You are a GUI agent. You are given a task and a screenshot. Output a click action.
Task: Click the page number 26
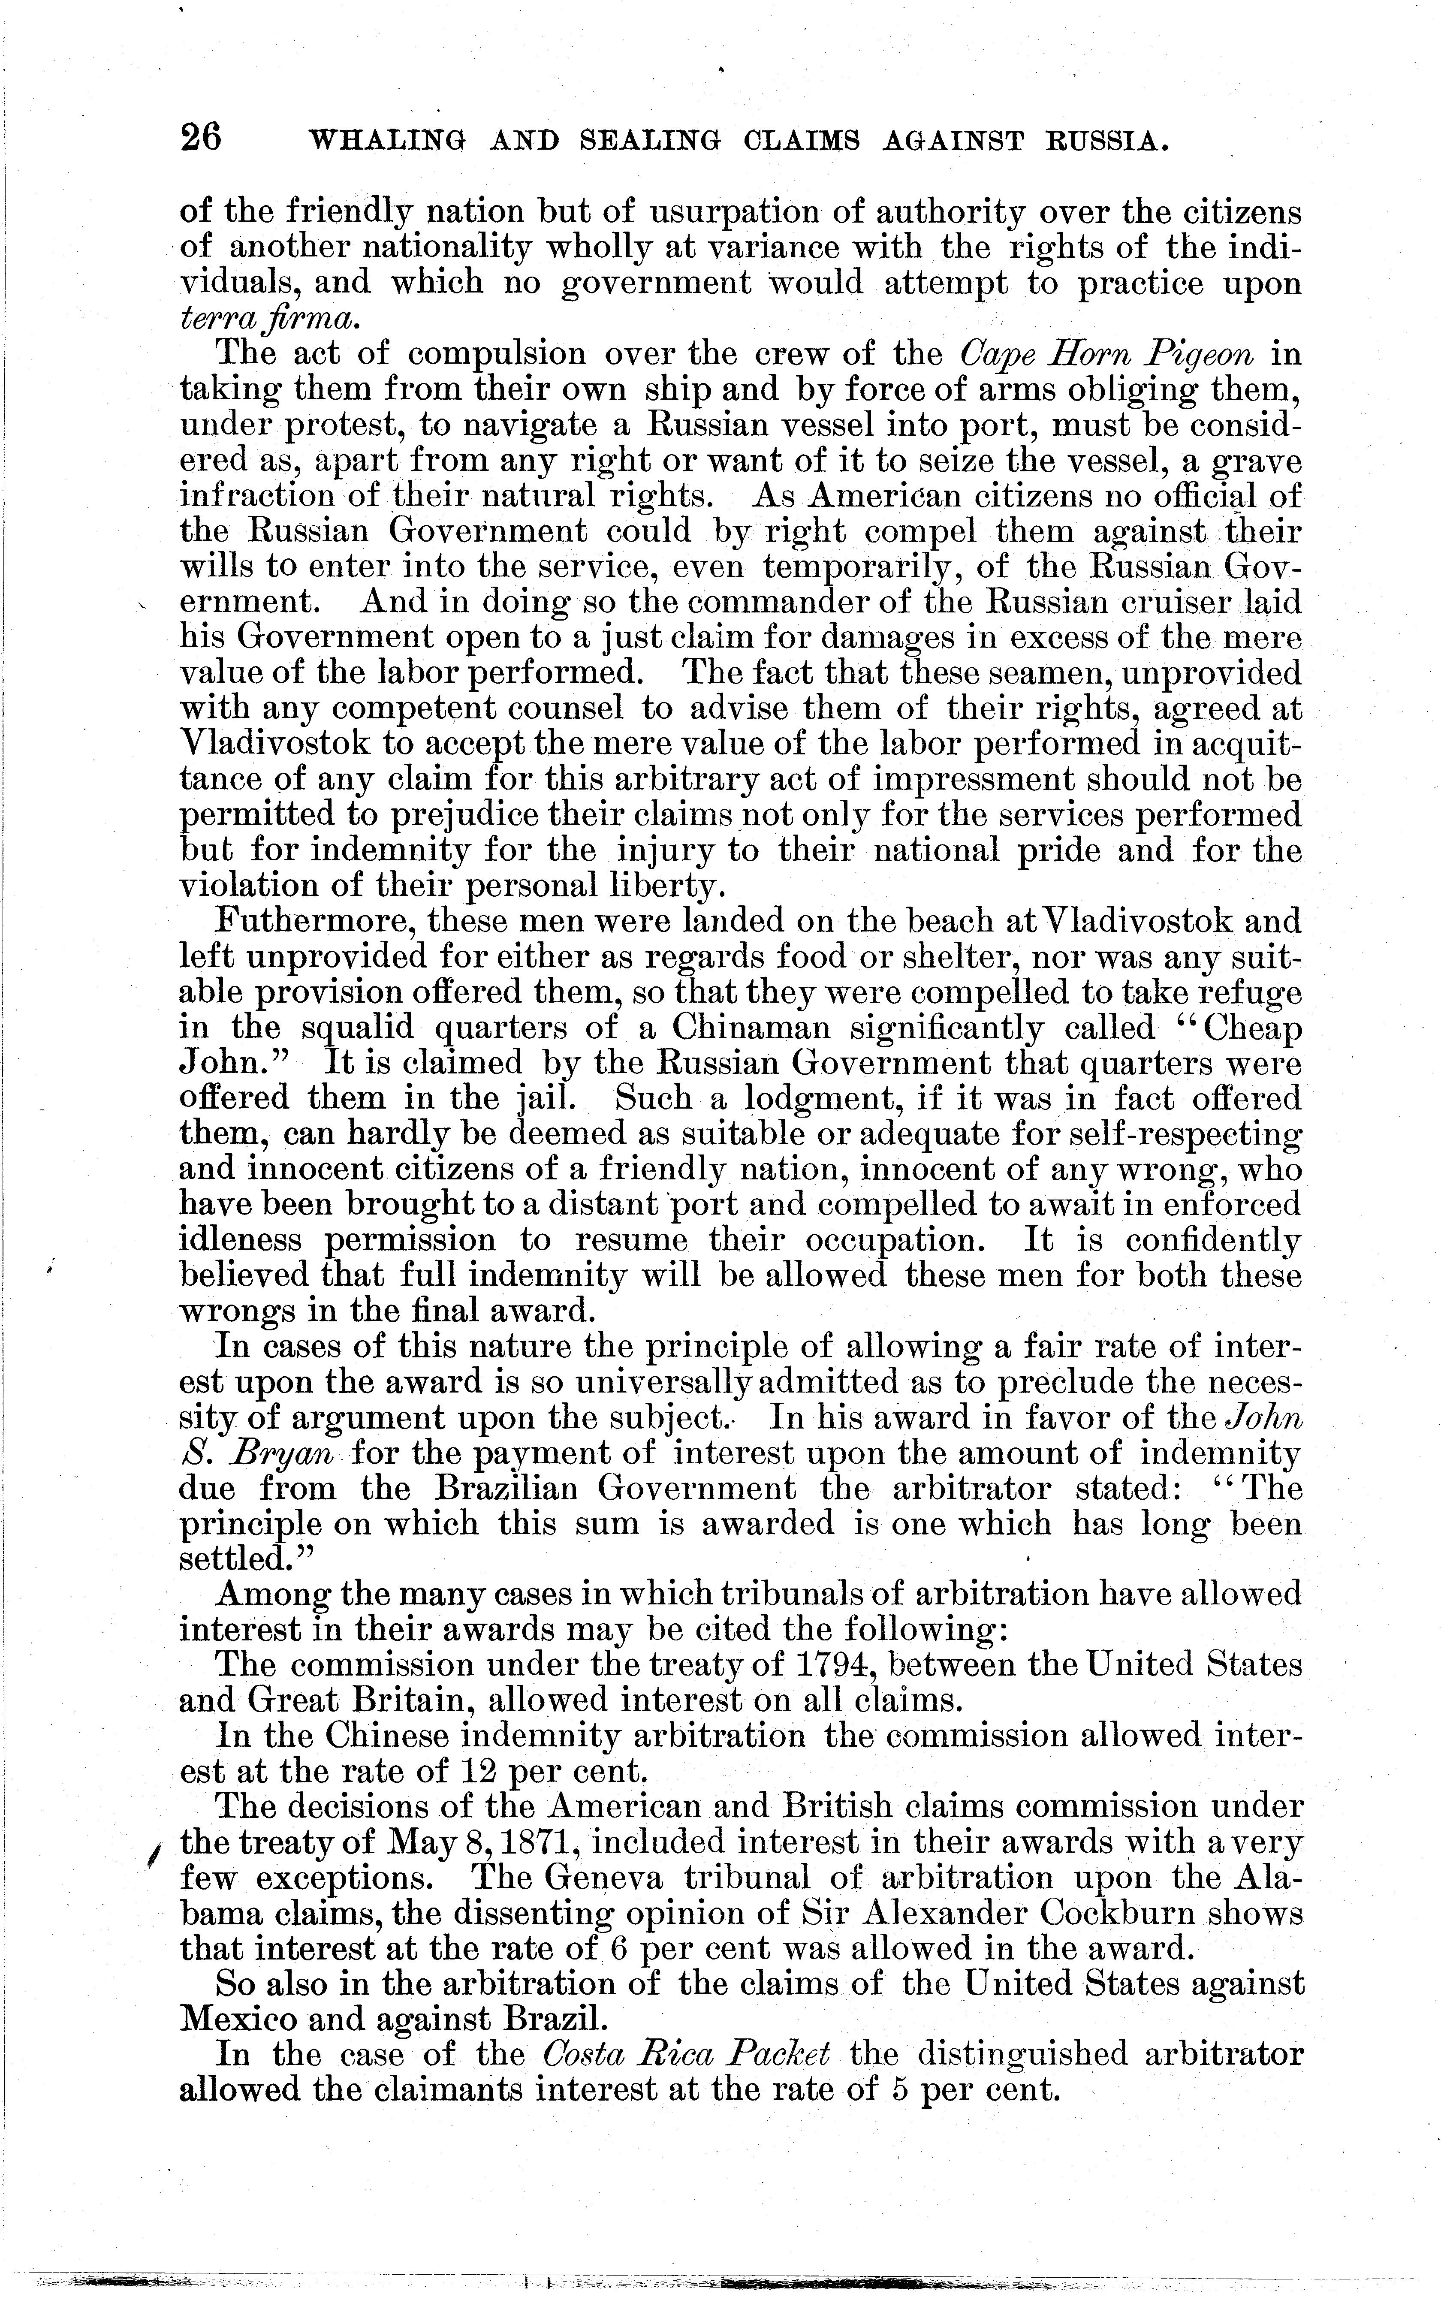click(200, 140)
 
